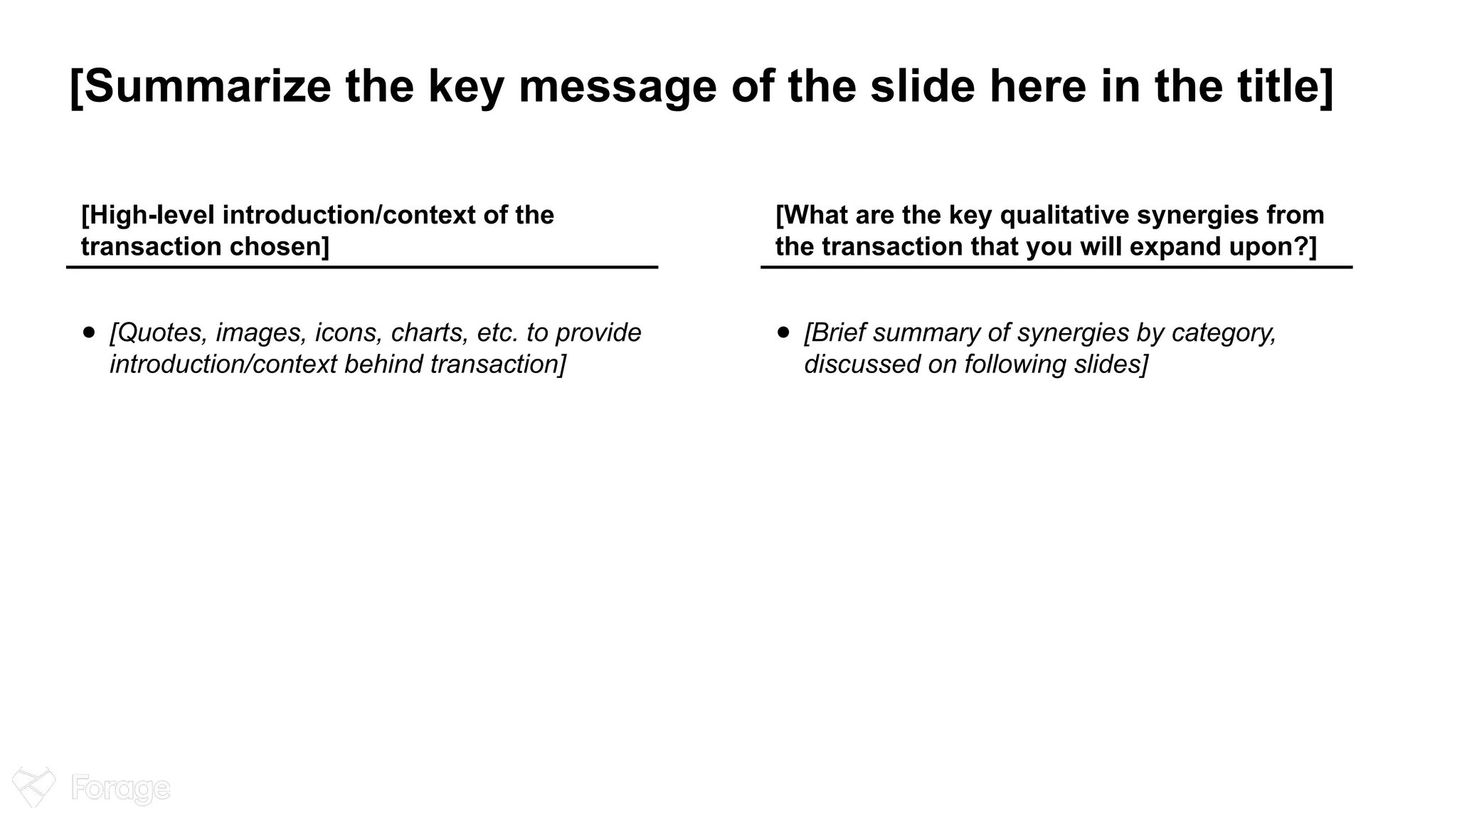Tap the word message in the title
coord(618,86)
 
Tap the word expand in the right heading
coord(1173,246)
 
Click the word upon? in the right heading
coord(1272,246)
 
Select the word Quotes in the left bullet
coord(159,332)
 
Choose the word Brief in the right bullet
coord(834,332)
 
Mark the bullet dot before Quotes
coord(88,332)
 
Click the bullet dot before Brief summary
coord(783,332)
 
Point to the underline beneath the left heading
coord(362,267)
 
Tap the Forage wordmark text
coord(121,789)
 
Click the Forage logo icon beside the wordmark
coord(33,787)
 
